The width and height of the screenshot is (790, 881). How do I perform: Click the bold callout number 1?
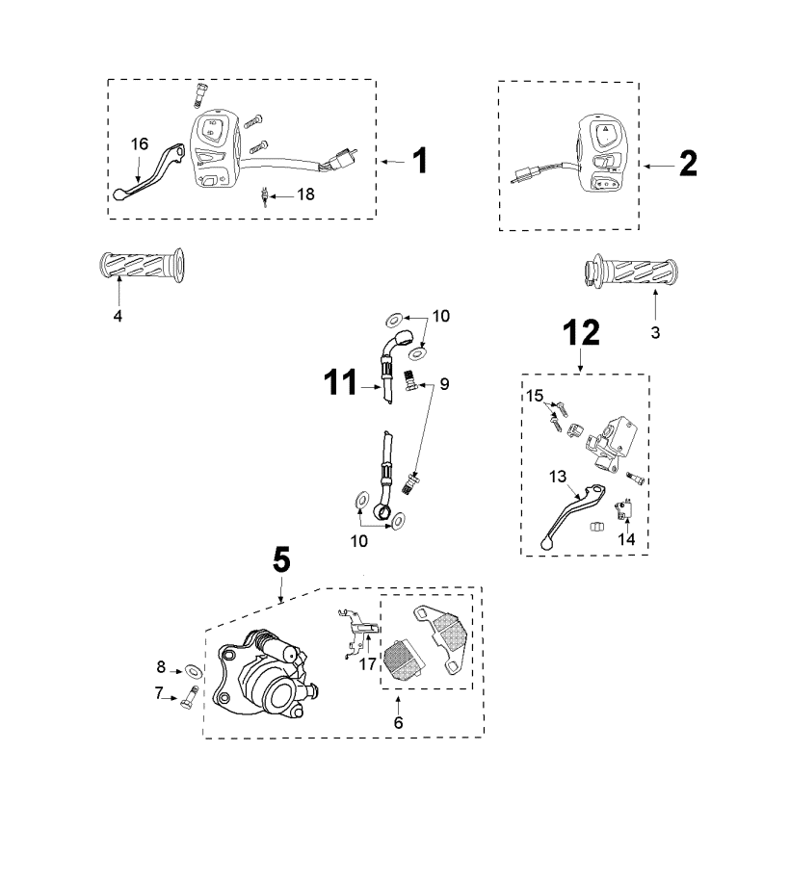pos(418,162)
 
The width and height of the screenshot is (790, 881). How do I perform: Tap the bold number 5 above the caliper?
pos(281,559)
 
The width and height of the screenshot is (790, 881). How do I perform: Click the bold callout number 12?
pos(581,332)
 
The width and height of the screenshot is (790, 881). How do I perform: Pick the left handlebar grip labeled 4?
pos(142,265)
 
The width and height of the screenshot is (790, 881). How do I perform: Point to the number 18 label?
pos(305,194)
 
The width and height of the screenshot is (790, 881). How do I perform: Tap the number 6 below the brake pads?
pos(398,720)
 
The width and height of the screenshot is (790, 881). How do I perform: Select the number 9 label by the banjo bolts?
pos(444,384)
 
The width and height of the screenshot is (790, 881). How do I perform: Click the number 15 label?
pos(535,396)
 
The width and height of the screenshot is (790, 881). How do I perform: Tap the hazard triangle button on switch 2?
pos(604,129)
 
